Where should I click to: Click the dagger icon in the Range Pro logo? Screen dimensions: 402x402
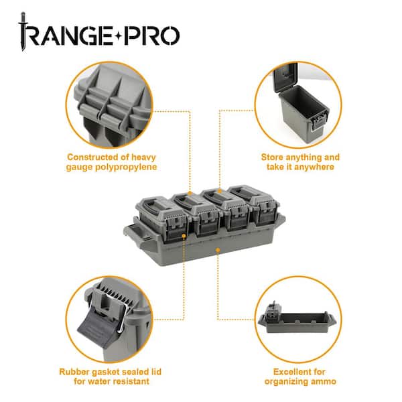tap(23, 31)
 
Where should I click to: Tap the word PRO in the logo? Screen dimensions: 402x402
tap(153, 36)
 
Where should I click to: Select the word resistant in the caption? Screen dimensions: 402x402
tap(131, 381)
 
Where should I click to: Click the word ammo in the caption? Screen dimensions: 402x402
tap(324, 381)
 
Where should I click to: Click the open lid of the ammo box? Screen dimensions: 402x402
tap(285, 76)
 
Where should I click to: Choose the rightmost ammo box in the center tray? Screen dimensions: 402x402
tap(255, 204)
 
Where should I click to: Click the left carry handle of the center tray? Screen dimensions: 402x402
tap(133, 234)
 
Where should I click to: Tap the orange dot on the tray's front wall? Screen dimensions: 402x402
tap(218, 249)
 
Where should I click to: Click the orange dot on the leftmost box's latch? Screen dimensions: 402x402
tap(184, 236)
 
